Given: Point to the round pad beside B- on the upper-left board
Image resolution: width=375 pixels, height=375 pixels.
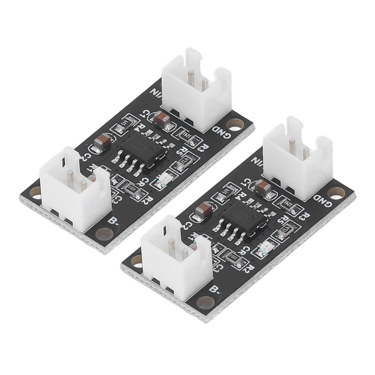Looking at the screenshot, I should point(103,233).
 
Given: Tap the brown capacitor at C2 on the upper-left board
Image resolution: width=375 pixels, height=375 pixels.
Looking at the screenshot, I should point(100,143).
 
